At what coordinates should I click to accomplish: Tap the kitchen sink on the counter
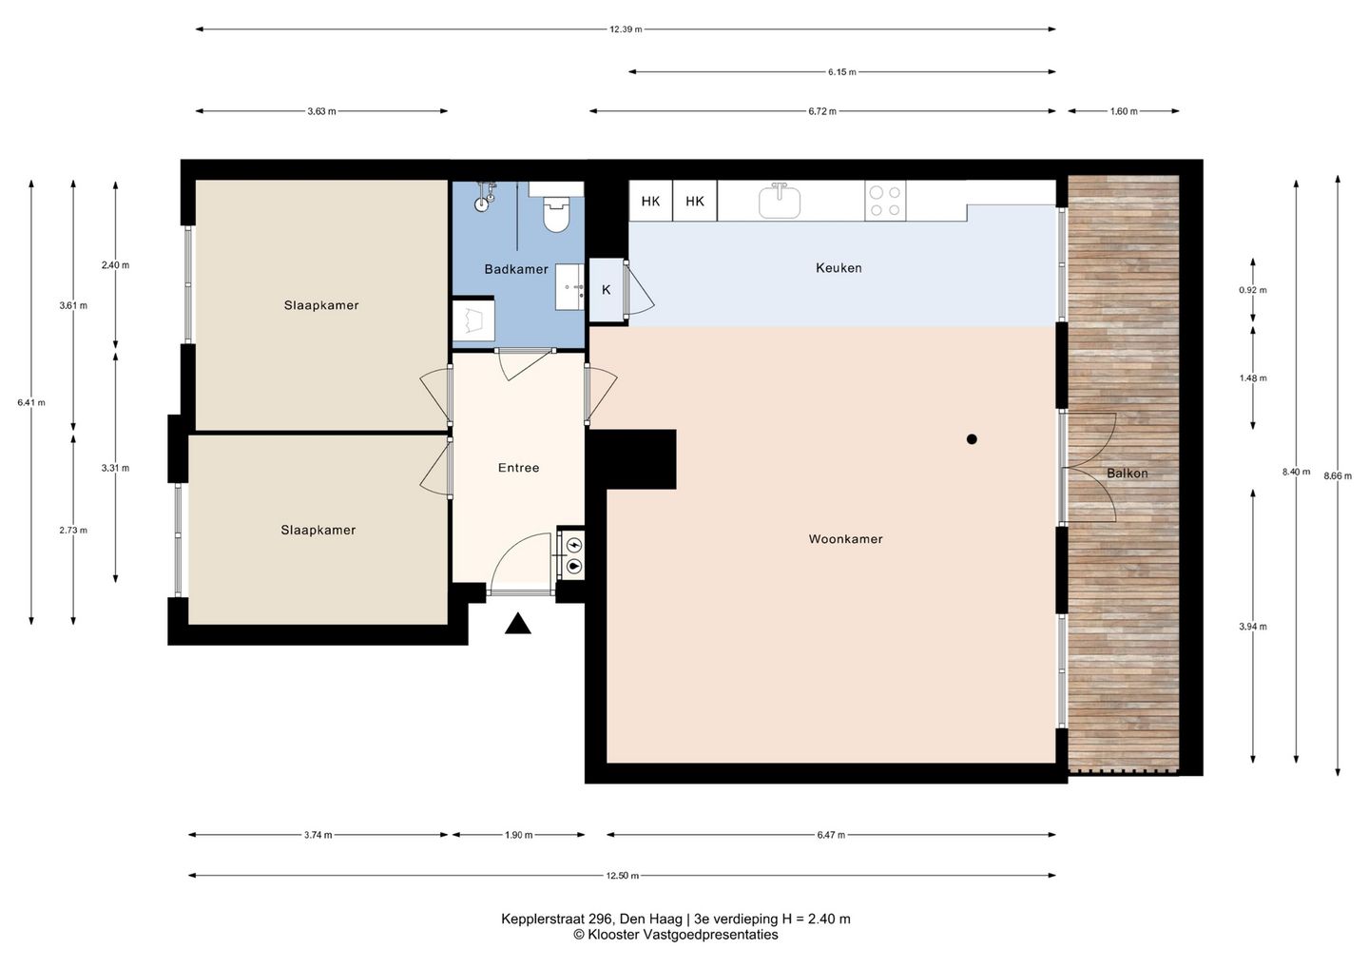click(x=780, y=201)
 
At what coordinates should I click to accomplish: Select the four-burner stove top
click(x=885, y=201)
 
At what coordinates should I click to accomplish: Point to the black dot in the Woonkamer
click(x=972, y=438)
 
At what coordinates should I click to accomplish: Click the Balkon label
click(x=1127, y=473)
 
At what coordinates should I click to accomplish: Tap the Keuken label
click(x=839, y=267)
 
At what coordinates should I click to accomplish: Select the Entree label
click(x=518, y=468)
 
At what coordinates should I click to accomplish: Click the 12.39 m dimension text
click(x=626, y=29)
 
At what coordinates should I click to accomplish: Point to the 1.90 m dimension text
click(x=519, y=835)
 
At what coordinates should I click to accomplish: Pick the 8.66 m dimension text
click(x=1338, y=475)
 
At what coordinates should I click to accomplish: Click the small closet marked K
click(x=606, y=290)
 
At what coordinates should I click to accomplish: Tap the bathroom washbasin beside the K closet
click(x=569, y=287)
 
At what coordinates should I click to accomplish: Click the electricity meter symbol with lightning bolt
click(x=574, y=543)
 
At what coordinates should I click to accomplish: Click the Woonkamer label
click(x=845, y=539)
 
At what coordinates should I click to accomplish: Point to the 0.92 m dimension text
click(x=1253, y=290)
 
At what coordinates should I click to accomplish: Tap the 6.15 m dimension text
click(x=842, y=71)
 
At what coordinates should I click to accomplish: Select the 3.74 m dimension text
click(x=318, y=835)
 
